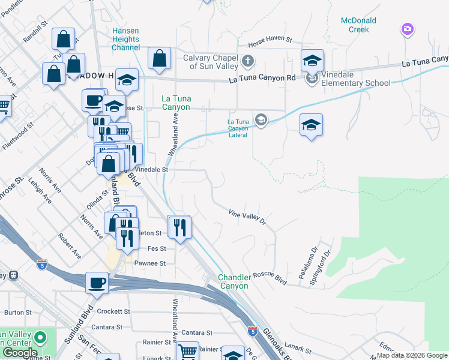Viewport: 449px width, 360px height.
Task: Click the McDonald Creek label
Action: (358, 25)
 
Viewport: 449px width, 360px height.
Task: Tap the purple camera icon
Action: (408, 29)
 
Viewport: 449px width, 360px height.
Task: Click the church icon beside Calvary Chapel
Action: (247, 61)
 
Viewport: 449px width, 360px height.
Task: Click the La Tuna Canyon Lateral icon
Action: (261, 120)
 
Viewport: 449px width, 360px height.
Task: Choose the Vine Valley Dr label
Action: (246, 216)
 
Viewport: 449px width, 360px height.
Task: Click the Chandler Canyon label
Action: (233, 281)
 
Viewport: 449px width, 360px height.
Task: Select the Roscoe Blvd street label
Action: (273, 278)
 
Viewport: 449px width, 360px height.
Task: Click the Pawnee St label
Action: (149, 263)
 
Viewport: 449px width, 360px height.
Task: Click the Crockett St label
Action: (113, 311)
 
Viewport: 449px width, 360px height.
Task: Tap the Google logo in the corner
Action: (20, 353)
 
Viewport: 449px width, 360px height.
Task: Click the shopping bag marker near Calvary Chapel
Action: (160, 58)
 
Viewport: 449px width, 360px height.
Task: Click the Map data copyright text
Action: (411, 355)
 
